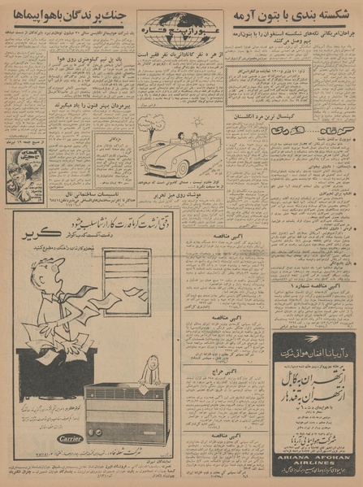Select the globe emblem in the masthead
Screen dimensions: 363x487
coord(181,23)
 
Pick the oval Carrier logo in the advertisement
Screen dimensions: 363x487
coord(66,439)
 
